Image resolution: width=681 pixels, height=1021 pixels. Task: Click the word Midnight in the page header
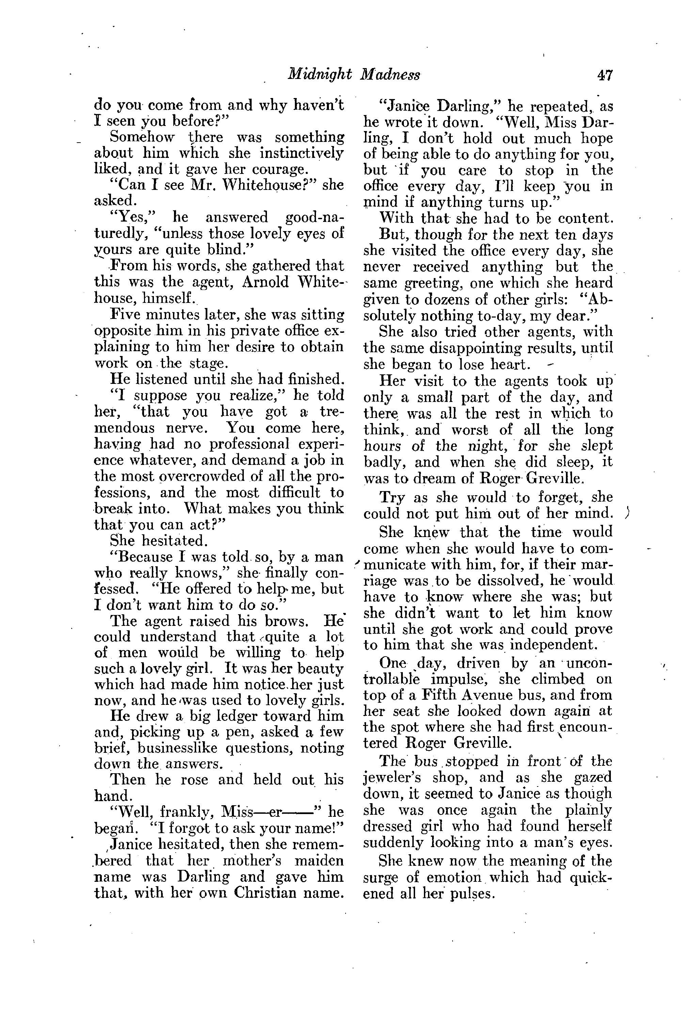319,76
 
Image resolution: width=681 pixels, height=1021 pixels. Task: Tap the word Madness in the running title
390,76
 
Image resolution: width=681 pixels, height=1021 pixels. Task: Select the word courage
278,168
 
